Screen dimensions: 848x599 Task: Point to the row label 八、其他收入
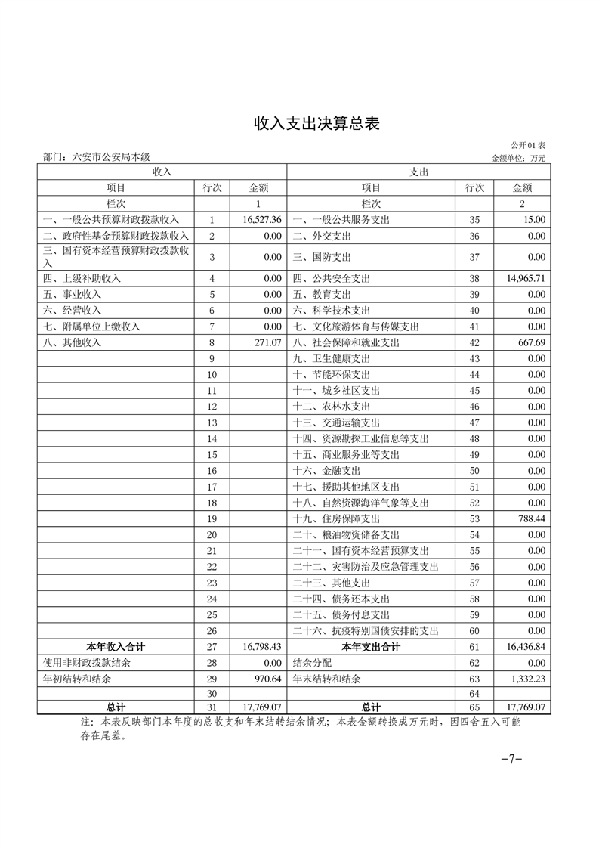[x=73, y=342]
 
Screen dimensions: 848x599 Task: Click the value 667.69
[x=530, y=342]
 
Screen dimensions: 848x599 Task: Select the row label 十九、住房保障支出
[x=336, y=519]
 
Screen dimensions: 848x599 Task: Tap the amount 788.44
[x=530, y=519]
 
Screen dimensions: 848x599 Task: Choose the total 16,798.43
[x=263, y=647]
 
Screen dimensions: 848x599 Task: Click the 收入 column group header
[x=162, y=172]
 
